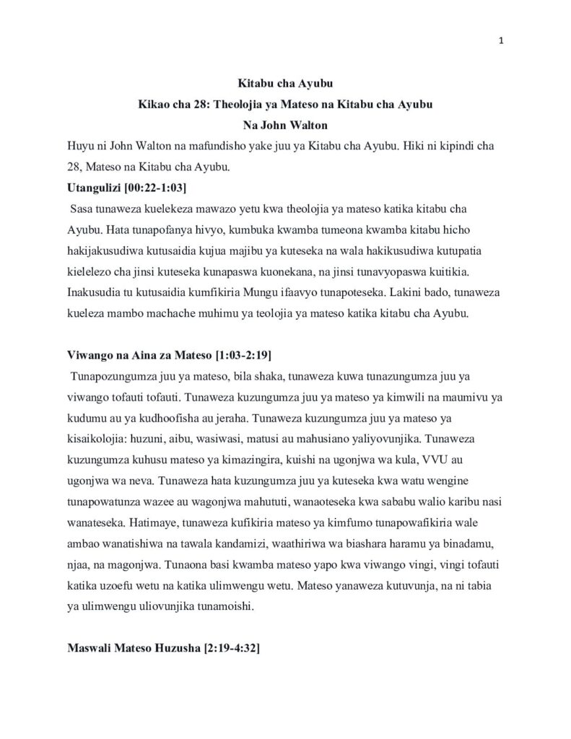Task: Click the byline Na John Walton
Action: (x=286, y=125)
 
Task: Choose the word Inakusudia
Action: (x=97, y=292)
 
